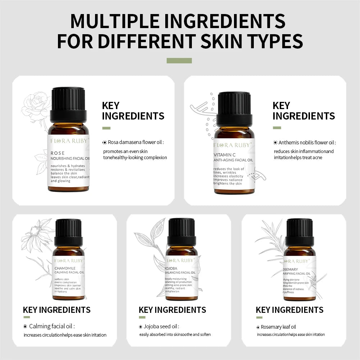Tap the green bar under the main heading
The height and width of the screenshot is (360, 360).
click(179, 60)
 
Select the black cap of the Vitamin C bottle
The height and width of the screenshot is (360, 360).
click(234, 108)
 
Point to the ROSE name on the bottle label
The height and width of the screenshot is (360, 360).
click(58, 153)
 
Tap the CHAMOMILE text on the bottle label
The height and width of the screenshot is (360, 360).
click(65, 268)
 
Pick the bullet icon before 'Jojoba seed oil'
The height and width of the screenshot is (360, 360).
click(141, 327)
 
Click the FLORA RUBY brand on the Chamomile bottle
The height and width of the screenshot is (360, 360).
click(69, 260)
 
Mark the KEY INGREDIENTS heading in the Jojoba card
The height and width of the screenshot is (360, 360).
click(172, 310)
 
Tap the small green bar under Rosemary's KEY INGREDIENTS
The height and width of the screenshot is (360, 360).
click(259, 318)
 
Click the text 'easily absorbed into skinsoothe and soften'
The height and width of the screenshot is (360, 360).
click(175, 334)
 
